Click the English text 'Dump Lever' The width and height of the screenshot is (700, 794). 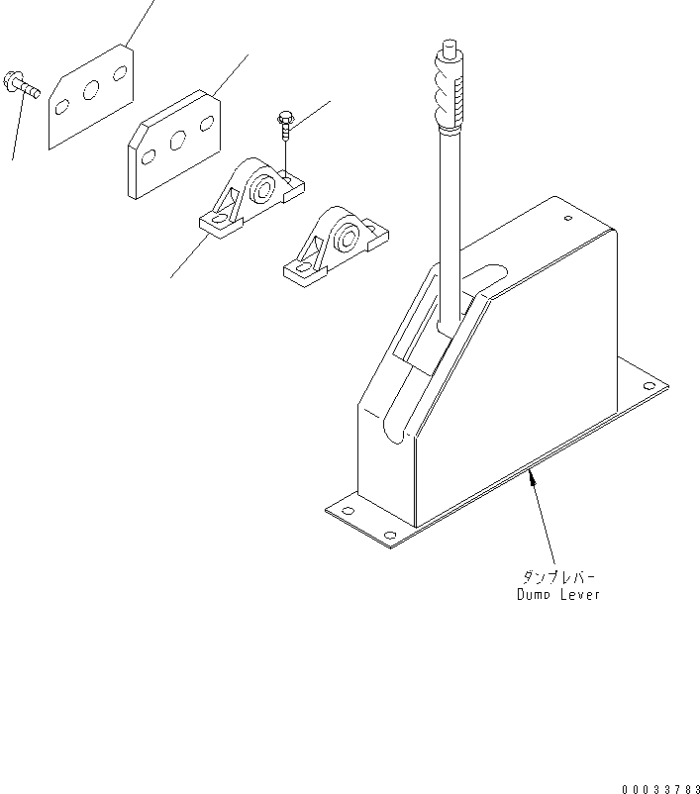[557, 594]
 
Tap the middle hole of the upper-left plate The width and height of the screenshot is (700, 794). [91, 90]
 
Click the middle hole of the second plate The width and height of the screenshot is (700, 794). [178, 139]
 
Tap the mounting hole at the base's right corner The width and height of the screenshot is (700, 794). [650, 384]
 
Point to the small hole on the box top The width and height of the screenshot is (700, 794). [567, 219]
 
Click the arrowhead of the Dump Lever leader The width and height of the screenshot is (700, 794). [532, 477]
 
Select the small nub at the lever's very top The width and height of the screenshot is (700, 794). [449, 45]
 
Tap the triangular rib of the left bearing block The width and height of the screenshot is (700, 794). [230, 203]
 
